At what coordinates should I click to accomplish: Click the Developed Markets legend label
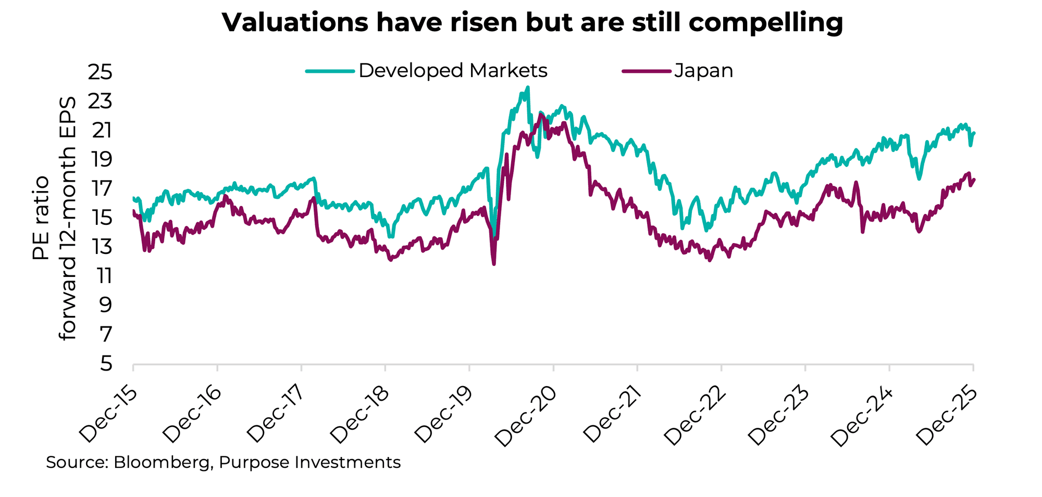453,71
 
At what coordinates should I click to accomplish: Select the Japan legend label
703,71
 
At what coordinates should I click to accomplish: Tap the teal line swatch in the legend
330,71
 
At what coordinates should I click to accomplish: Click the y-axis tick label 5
106,364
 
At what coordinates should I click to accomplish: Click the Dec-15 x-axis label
108,414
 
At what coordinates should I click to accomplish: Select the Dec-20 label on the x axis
528,416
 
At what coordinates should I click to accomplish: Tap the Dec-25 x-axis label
948,416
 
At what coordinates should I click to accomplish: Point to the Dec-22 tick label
696,416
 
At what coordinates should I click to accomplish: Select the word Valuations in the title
291,22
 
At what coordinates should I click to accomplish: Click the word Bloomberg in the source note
161,463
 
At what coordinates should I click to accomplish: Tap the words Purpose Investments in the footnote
309,463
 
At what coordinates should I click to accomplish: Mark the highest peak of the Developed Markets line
528,87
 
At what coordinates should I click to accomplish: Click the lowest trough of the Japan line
493,264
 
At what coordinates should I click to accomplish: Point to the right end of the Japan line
974,180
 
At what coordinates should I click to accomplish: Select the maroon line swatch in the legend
646,71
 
